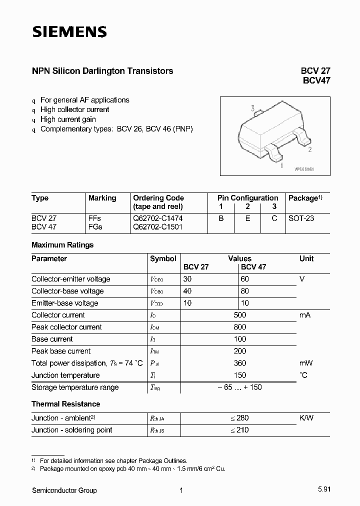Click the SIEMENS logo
click(69, 32)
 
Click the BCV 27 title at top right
click(315, 71)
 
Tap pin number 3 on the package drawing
click(253, 108)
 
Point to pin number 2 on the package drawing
click(310, 149)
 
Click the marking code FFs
click(94, 218)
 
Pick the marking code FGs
click(95, 226)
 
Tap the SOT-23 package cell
click(301, 218)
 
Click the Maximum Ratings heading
click(62, 245)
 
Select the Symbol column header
click(163, 258)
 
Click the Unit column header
click(306, 258)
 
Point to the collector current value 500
click(239, 315)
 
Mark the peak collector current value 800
click(239, 327)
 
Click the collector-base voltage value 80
click(244, 291)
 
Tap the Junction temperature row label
click(65, 375)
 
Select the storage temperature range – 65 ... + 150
click(239, 387)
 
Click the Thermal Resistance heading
click(65, 404)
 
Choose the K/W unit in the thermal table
click(306, 417)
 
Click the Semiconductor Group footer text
click(64, 490)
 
